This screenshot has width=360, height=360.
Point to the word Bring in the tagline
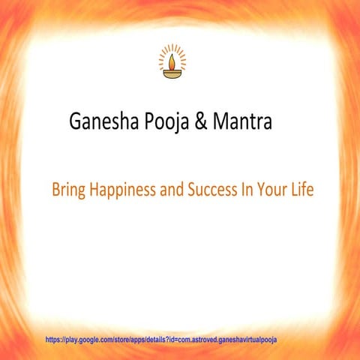(x=68, y=191)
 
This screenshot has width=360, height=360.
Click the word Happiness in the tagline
(x=123, y=191)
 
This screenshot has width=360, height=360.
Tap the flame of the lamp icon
(x=172, y=59)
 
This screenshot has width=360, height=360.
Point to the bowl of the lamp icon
(x=172, y=75)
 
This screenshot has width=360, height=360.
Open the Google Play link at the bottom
(x=161, y=340)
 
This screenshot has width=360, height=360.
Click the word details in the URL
(x=156, y=340)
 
